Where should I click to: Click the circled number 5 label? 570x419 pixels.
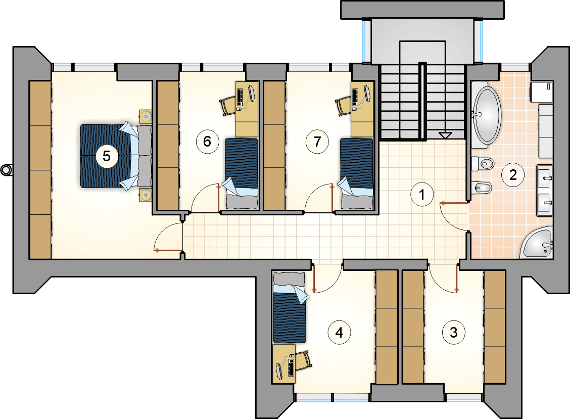(x=107, y=156)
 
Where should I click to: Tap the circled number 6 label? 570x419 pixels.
(x=207, y=141)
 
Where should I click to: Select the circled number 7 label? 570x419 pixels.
(x=317, y=142)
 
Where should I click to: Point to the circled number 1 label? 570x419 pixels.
(x=421, y=195)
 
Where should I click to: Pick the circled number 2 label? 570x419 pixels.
(x=513, y=175)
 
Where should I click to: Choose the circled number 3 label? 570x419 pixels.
(x=454, y=332)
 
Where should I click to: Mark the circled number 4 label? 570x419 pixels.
(x=339, y=332)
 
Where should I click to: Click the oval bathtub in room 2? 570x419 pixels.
(x=487, y=115)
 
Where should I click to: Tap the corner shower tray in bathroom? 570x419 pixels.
(x=539, y=243)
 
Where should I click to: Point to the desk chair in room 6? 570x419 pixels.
(x=227, y=106)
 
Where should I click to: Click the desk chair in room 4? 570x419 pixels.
(x=304, y=360)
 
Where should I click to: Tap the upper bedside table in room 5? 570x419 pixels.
(x=146, y=117)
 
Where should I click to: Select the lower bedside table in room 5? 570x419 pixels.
(x=146, y=195)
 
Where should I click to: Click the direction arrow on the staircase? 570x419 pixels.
(x=445, y=135)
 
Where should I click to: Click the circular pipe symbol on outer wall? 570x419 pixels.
(x=6, y=170)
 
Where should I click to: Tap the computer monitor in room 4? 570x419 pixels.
(x=279, y=371)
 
